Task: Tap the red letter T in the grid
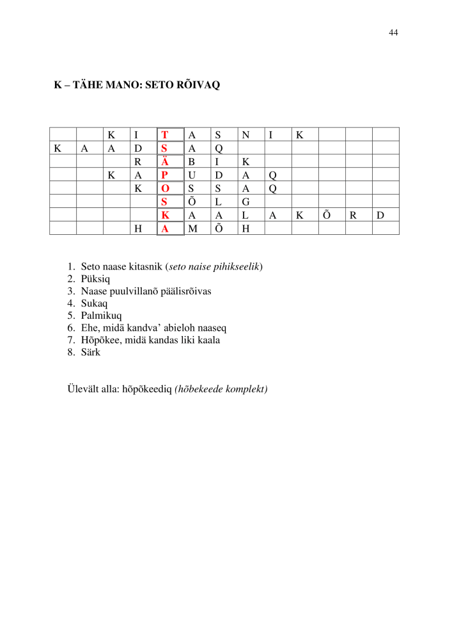point(165,134)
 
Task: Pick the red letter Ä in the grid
point(165,161)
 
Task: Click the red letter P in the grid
point(165,175)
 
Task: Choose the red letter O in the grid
point(165,188)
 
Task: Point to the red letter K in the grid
point(165,215)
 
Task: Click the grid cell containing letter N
point(245,134)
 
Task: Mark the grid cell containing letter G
point(245,202)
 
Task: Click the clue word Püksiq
point(95,278)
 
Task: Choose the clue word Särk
point(91,352)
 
